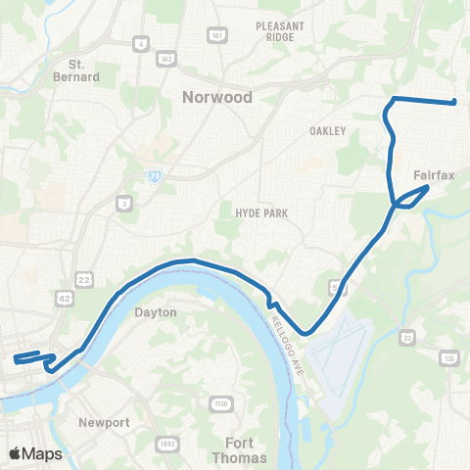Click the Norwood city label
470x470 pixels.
[217, 97]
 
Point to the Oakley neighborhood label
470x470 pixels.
[327, 130]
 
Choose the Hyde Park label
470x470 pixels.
[258, 211]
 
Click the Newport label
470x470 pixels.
[104, 422]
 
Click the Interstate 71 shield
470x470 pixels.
[155, 174]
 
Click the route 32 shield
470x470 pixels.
[405, 338]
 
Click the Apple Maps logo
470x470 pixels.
[35, 453]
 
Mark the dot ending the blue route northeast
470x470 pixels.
[456, 102]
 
